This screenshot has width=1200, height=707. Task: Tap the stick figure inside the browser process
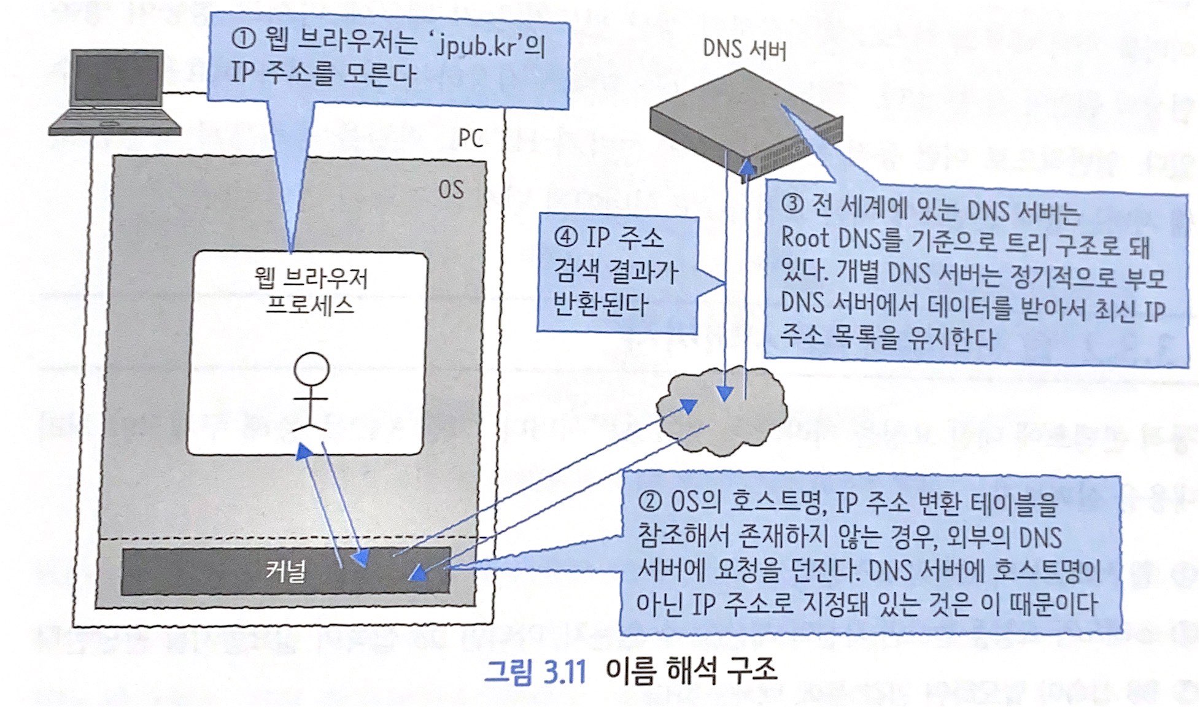pyautogui.click(x=311, y=392)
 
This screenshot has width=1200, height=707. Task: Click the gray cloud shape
pyautogui.click(x=722, y=411)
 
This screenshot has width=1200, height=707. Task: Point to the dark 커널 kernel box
pyautogui.click(x=285, y=571)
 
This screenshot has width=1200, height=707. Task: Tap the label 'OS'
pyautogui.click(x=451, y=190)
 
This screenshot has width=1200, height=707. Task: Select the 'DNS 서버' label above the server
pyautogui.click(x=744, y=49)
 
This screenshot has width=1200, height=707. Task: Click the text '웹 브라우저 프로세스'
pyautogui.click(x=311, y=292)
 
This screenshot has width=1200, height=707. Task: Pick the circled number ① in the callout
pyautogui.click(x=244, y=40)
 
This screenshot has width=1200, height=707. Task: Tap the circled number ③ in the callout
pyautogui.click(x=792, y=204)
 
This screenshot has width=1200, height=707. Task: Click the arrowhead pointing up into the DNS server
pyautogui.click(x=747, y=167)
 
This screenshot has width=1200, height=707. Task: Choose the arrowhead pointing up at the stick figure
pyautogui.click(x=303, y=452)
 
